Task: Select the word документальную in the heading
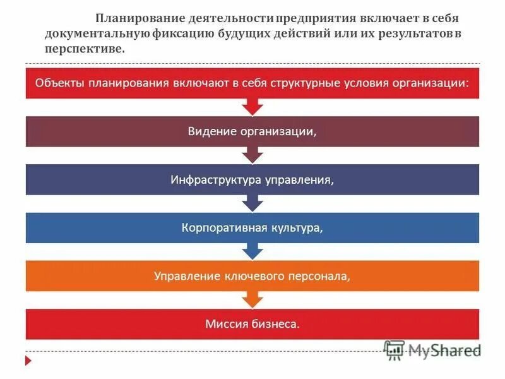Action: click(x=98, y=35)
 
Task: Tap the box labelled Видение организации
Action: click(x=252, y=131)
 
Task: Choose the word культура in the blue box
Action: click(x=294, y=227)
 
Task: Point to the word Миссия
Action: click(x=224, y=324)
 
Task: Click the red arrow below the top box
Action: click(x=252, y=107)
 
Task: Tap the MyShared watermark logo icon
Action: click(x=395, y=350)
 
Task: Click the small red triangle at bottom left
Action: click(x=28, y=361)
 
